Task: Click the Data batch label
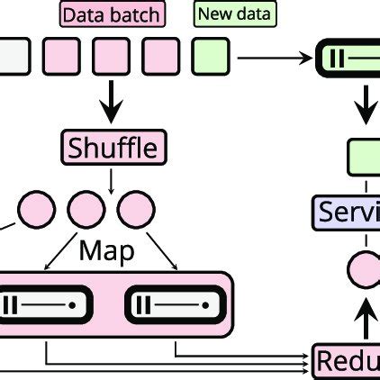point(112,14)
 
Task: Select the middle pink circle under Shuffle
point(86,211)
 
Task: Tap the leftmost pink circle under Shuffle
point(37,211)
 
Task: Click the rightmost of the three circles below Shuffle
point(137,211)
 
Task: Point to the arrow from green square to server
point(275,59)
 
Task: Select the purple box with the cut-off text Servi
point(348,213)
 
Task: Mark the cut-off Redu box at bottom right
point(347,359)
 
